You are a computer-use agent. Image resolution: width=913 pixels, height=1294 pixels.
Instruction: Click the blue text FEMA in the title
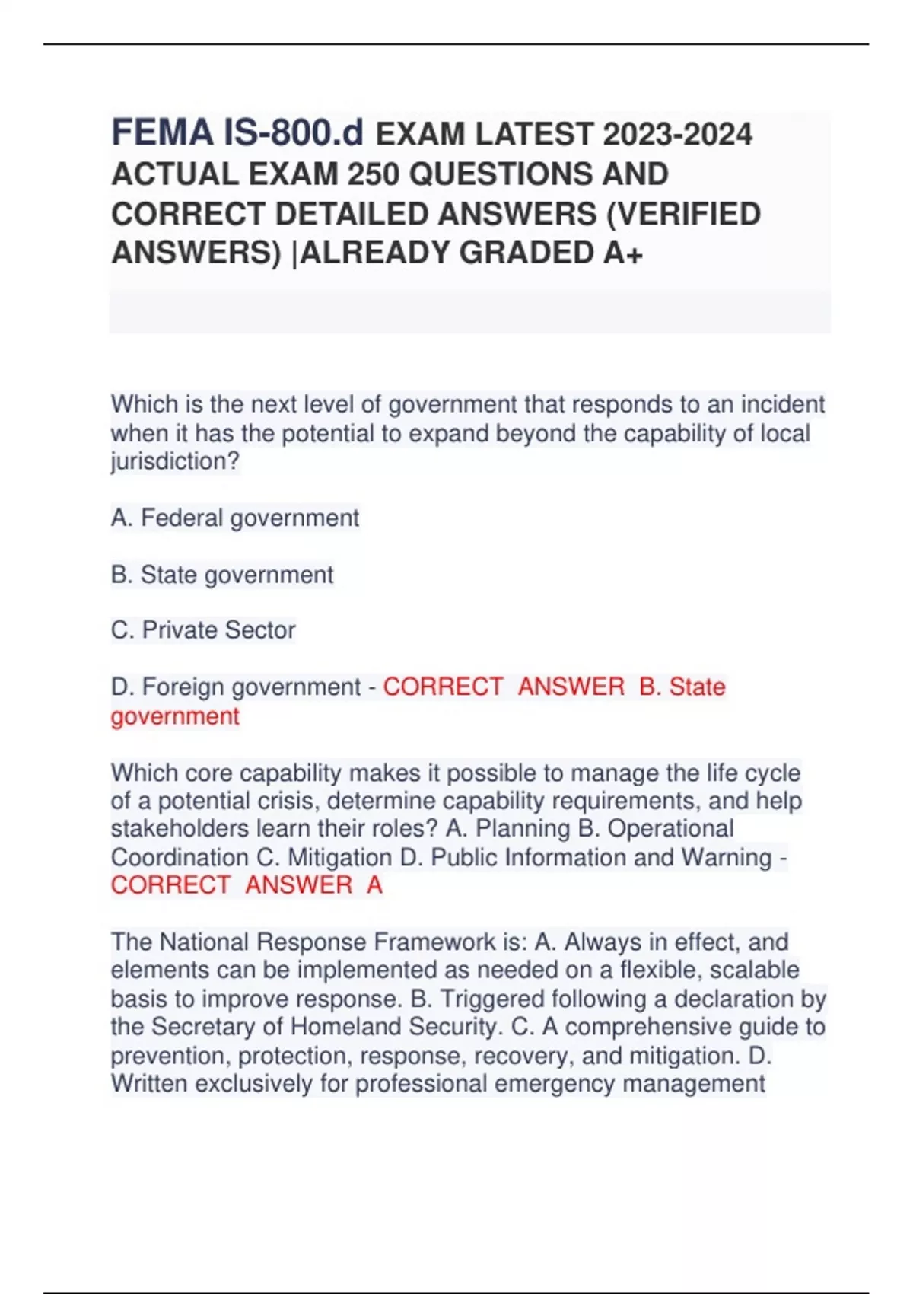pos(162,132)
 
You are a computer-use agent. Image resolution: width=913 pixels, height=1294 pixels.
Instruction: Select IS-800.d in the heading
pos(294,132)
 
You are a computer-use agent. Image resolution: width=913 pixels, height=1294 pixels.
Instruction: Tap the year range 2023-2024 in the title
pos(677,135)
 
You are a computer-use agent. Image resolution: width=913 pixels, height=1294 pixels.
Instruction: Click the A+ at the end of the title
pos(623,253)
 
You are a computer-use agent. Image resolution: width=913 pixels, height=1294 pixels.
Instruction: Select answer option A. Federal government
pos(234,518)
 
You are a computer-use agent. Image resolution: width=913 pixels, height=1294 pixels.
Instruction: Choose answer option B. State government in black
pos(222,575)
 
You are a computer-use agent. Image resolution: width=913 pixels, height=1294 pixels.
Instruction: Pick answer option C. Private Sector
pos(203,630)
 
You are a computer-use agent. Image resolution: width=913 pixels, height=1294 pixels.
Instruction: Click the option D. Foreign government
pos(236,687)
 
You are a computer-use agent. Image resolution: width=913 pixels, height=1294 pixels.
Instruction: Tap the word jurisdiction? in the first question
pos(175,461)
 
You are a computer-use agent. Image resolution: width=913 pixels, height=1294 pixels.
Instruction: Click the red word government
pos(175,716)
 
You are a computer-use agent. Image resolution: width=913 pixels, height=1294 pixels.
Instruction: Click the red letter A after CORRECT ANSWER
pos(374,885)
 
